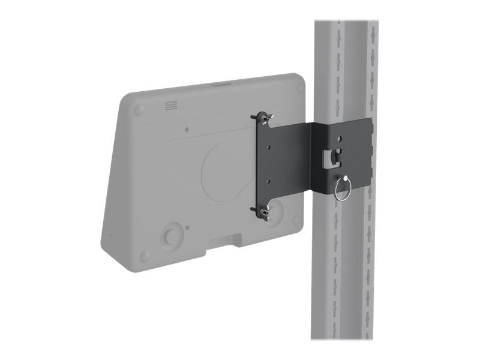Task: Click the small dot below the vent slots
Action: [188, 128]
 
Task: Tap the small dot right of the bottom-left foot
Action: [188, 227]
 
